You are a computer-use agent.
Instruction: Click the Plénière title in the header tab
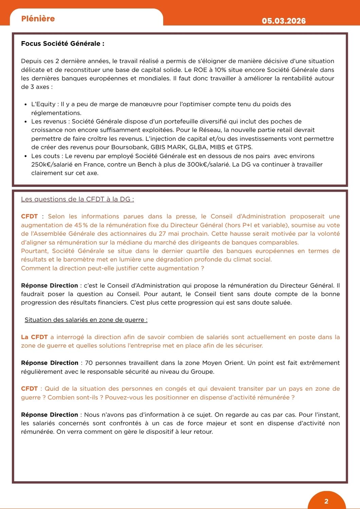(x=38, y=19)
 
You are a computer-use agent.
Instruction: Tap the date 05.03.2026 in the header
(x=284, y=21)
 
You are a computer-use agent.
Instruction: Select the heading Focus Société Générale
(x=62, y=43)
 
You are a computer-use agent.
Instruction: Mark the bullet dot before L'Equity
(x=26, y=105)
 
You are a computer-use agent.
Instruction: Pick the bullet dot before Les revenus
(x=26, y=121)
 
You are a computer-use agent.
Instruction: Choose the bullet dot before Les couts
(x=26, y=156)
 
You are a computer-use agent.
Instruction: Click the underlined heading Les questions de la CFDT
(x=77, y=199)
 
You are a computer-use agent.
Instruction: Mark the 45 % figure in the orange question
(x=79, y=225)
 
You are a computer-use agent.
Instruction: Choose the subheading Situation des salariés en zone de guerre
(x=86, y=320)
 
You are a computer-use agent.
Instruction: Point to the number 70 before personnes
(x=89, y=363)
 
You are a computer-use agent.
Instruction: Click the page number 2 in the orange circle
(x=326, y=501)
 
